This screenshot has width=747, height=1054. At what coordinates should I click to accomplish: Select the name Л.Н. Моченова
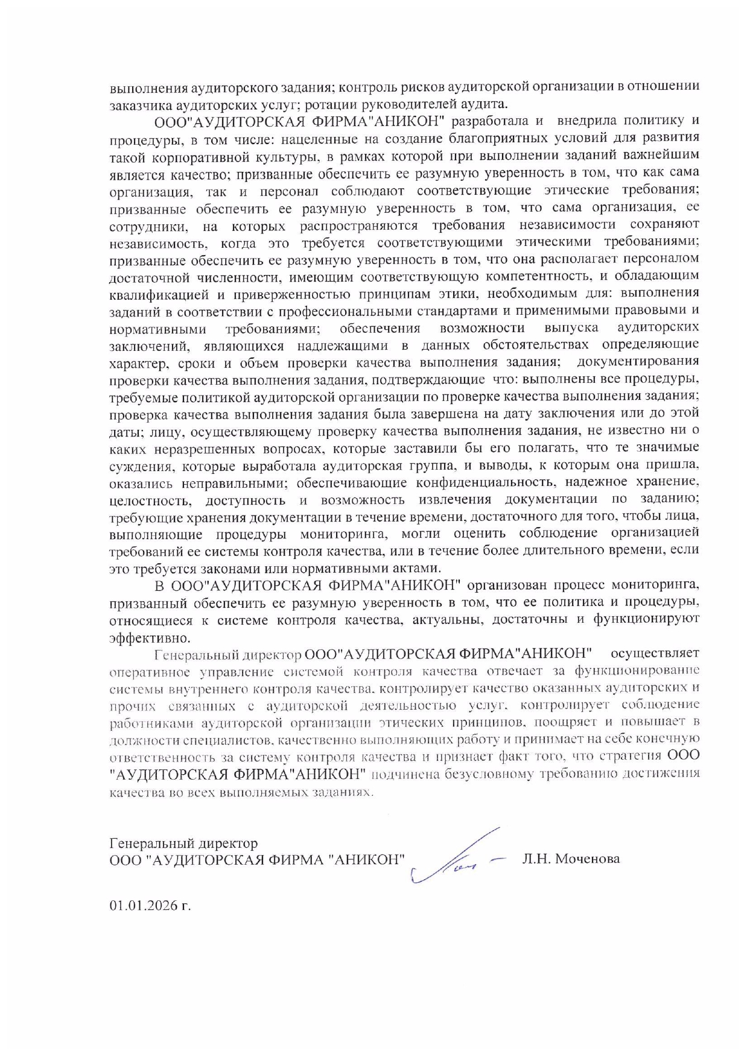point(570,859)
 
